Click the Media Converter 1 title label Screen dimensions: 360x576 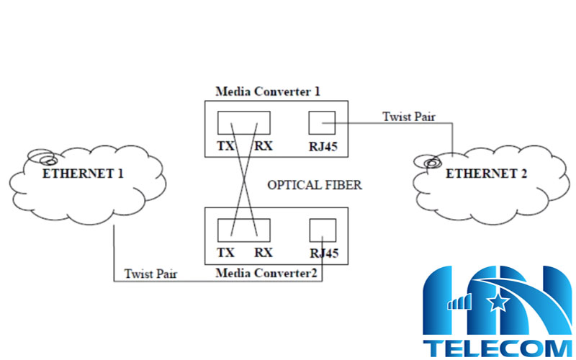pyautogui.click(x=267, y=92)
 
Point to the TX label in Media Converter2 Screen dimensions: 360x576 pyautogui.click(x=225, y=253)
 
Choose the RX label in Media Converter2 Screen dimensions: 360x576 pyautogui.click(x=263, y=253)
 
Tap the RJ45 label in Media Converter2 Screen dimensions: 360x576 pyautogui.click(x=322, y=254)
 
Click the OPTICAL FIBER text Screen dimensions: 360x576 pyautogui.click(x=315, y=186)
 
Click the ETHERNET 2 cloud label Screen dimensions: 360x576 pyautogui.click(x=487, y=174)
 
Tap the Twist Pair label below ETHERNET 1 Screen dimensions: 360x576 pyautogui.click(x=151, y=274)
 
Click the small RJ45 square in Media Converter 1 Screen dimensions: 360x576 pyautogui.click(x=321, y=122)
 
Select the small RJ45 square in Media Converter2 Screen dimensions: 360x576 pyautogui.click(x=322, y=230)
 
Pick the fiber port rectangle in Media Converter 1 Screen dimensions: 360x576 pyautogui.click(x=244, y=122)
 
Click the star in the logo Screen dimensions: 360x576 pyautogui.click(x=498, y=303)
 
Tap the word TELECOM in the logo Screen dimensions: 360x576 pyautogui.click(x=499, y=347)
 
